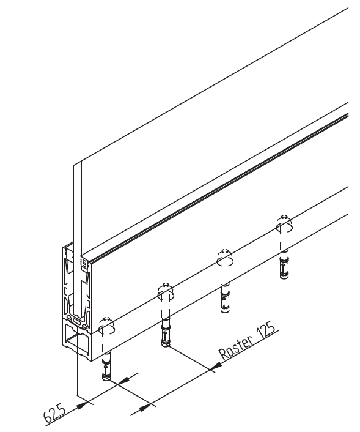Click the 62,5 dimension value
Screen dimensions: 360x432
coord(55,413)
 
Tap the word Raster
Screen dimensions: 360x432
coord(235,348)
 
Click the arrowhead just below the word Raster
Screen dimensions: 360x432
coord(216,366)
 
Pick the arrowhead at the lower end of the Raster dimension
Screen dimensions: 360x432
coord(145,408)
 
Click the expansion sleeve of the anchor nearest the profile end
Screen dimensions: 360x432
coord(106,368)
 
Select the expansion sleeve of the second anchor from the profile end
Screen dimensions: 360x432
coord(166,335)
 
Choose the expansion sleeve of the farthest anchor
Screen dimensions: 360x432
coord(284,267)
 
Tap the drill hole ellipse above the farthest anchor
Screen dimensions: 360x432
coord(284,228)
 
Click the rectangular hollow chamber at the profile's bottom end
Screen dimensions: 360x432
coord(77,340)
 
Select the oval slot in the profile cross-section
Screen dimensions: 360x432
coord(78,321)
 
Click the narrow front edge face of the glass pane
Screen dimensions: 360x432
coord(78,240)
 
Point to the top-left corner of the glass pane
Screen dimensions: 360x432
coord(74,166)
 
